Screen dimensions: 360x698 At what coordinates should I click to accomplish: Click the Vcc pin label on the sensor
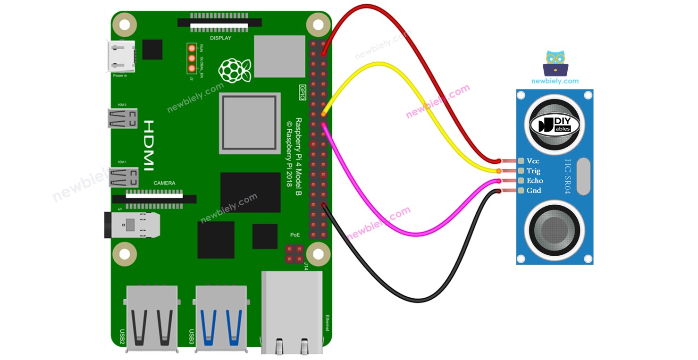click(533, 161)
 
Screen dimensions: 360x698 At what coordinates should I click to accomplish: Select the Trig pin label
click(533, 171)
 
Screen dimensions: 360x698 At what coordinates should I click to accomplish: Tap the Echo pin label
click(535, 181)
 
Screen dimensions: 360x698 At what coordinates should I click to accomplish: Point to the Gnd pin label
click(534, 191)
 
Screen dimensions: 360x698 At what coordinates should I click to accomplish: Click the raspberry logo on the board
click(234, 71)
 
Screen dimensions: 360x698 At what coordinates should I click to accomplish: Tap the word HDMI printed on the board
click(148, 145)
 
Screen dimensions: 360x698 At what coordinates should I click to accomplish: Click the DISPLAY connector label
click(220, 38)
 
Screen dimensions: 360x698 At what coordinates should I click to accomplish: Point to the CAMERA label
click(164, 183)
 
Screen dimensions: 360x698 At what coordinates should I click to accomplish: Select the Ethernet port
click(292, 311)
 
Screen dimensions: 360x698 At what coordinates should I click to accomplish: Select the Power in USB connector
click(121, 57)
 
